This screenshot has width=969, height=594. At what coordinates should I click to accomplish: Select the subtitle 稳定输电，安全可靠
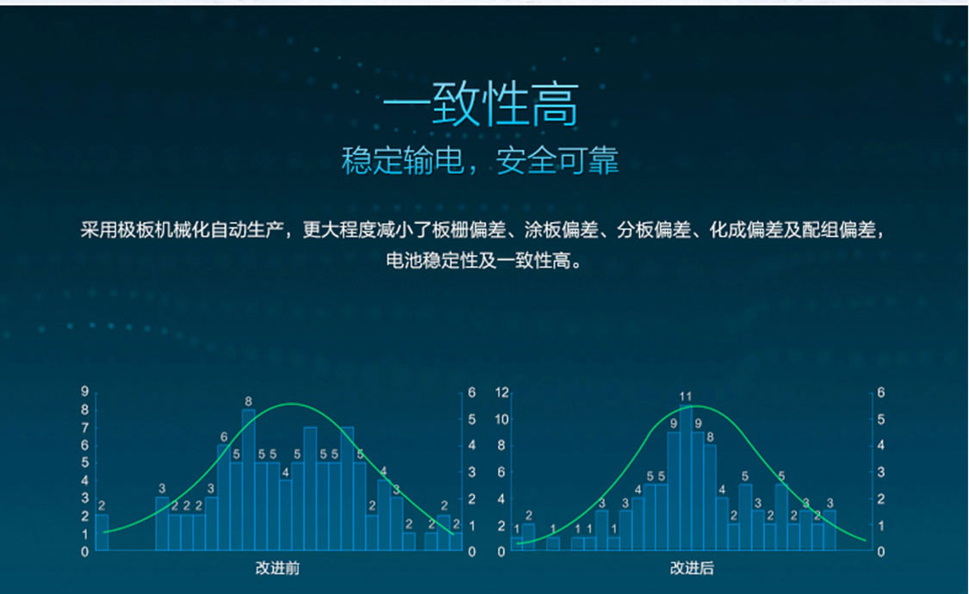(x=480, y=160)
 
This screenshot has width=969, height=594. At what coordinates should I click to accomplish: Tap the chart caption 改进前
(x=277, y=568)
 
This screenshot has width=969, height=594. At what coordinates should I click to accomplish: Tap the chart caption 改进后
(x=692, y=568)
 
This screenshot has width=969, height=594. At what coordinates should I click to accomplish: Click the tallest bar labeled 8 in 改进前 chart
(x=248, y=480)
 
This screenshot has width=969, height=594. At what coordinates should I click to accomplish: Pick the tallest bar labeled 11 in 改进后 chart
(x=686, y=477)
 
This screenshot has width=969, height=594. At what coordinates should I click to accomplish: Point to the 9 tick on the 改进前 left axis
(x=84, y=392)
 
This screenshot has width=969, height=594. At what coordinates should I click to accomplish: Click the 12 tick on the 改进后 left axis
(x=502, y=392)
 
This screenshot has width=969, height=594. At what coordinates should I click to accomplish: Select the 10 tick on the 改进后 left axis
(x=502, y=419)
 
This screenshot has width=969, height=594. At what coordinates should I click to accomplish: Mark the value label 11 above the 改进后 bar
(x=686, y=396)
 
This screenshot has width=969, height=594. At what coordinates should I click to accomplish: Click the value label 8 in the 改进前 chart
(x=248, y=401)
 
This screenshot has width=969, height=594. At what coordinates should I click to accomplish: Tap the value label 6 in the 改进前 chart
(x=224, y=437)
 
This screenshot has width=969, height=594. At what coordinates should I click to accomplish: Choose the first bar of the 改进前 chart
(x=102, y=532)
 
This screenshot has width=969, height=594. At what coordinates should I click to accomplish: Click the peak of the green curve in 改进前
(x=292, y=404)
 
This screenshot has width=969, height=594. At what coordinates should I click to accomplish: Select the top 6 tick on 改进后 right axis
(x=880, y=392)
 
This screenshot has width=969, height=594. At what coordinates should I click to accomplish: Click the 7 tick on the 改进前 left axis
(x=84, y=427)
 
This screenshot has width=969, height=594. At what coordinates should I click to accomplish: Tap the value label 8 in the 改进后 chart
(x=710, y=437)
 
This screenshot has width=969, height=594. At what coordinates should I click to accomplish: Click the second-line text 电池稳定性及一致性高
(x=484, y=261)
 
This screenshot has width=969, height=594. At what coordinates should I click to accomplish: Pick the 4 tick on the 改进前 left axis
(x=84, y=480)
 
